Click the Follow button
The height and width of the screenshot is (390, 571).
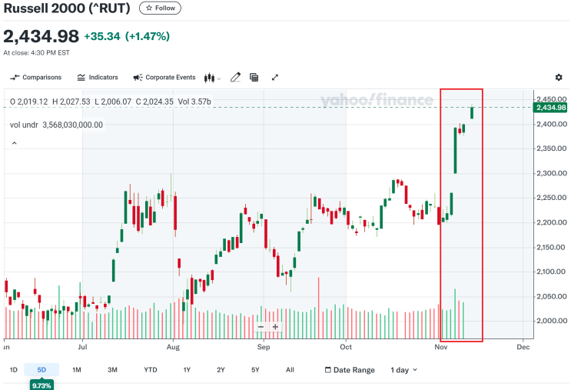(x=160, y=8)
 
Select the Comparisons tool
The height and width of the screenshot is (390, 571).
(x=35, y=78)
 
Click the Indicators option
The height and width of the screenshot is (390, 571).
(x=98, y=78)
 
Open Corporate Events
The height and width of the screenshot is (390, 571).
(x=164, y=78)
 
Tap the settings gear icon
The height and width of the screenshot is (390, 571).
(x=559, y=78)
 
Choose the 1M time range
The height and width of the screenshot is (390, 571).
(x=76, y=370)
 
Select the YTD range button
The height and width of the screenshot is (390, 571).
(x=150, y=370)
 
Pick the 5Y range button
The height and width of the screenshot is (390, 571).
(x=254, y=370)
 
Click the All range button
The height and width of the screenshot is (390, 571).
(x=290, y=370)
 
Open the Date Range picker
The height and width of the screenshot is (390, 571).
(x=350, y=370)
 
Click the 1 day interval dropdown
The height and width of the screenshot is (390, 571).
(x=403, y=370)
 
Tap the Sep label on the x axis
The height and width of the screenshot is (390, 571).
(x=264, y=347)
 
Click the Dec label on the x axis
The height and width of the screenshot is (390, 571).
(x=523, y=347)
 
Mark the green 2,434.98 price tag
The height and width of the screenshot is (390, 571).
(x=550, y=108)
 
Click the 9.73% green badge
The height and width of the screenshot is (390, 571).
(x=41, y=385)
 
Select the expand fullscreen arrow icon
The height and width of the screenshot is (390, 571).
(x=275, y=78)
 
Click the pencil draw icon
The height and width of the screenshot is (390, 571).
(x=235, y=78)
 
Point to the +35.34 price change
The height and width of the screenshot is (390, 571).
(x=102, y=36)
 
